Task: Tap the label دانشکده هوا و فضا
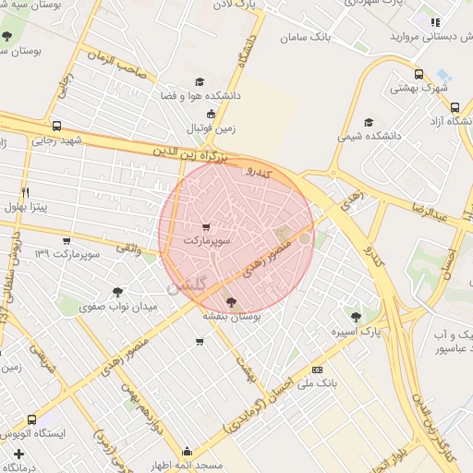coord(200,95)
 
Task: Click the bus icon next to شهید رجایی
coord(57,127)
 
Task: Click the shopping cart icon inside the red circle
coord(205,226)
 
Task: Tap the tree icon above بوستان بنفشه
coord(230,301)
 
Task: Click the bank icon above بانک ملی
coord(319,368)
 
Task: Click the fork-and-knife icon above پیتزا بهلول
coord(25,192)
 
